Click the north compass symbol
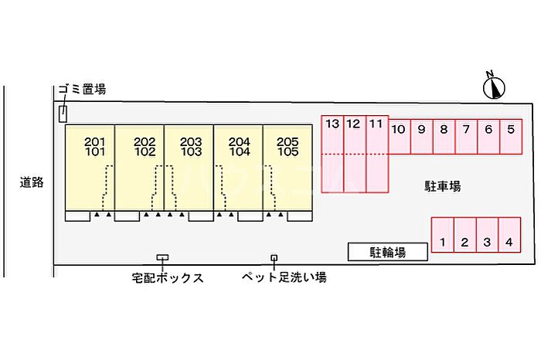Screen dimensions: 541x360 [x=494, y=87]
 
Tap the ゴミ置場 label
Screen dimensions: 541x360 [x=82, y=89]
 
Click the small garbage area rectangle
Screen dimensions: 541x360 [x=63, y=114]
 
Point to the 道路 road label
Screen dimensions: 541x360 [x=32, y=182]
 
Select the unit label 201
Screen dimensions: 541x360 [x=94, y=141]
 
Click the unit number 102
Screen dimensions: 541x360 [x=145, y=151]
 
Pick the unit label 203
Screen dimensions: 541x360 [x=191, y=141]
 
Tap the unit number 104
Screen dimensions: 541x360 [x=240, y=151]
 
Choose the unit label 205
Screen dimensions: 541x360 [x=288, y=141]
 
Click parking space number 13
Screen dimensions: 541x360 [x=332, y=124]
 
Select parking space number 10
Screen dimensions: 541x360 [x=398, y=129]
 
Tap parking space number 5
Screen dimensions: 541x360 [x=511, y=129]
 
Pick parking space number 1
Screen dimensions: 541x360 [x=443, y=242]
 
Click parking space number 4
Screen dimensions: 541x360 [x=509, y=242]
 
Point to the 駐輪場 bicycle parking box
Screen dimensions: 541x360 [x=388, y=252]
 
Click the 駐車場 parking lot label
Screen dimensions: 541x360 [x=442, y=186]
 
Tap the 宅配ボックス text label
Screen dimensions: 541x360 [x=168, y=277]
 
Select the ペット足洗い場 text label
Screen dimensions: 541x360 [x=284, y=277]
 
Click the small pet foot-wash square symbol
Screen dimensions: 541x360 [x=274, y=257]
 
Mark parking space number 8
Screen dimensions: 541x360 [x=444, y=129]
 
